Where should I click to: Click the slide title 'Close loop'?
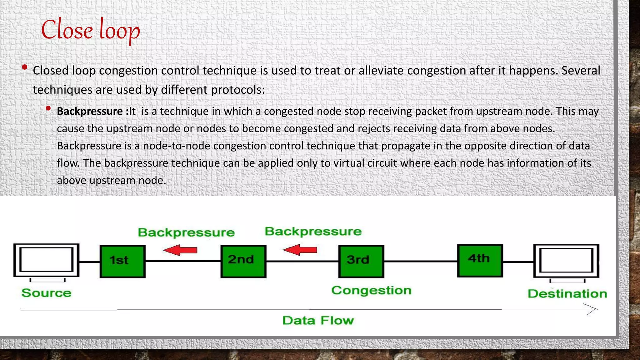coord(90,30)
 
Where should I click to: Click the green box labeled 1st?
coord(122,261)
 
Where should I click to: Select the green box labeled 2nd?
coord(243,261)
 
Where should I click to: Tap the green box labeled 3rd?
coord(361,261)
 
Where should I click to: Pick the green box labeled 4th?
coord(480,261)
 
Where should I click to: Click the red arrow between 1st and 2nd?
coord(180,250)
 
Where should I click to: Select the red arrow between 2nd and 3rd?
coord(300,250)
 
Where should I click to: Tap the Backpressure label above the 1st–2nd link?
coord(186,232)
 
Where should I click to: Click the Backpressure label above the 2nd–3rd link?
coord(313,232)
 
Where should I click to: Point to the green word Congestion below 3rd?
coord(371,291)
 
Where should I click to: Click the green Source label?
coord(46,293)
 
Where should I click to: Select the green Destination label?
coord(567,294)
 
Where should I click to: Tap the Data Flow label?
coord(318,321)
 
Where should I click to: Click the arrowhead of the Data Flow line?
coord(592,309)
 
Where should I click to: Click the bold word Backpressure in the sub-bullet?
coord(90,112)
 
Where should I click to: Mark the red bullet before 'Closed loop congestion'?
coord(25,67)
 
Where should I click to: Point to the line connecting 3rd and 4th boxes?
coord(421,261)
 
